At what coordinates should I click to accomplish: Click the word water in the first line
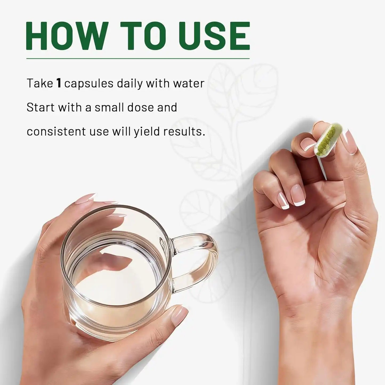click(x=189, y=84)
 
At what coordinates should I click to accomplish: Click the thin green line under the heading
click(x=138, y=59)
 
